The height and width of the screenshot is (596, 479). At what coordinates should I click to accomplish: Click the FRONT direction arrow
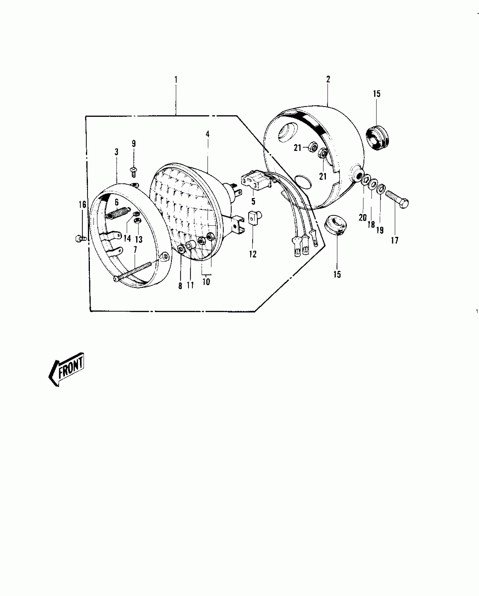point(67,370)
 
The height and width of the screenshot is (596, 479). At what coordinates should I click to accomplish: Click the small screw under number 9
point(134,171)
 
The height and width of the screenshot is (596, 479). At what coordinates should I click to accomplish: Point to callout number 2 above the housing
point(328,79)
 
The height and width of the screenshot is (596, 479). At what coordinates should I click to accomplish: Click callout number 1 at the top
point(176,79)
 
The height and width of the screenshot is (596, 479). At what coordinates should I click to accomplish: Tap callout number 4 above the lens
point(208,134)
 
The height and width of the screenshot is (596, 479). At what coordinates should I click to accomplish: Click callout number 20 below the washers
point(363,217)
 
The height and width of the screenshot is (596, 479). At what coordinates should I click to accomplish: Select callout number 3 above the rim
point(116,152)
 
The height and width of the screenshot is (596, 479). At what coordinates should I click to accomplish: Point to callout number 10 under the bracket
point(206,281)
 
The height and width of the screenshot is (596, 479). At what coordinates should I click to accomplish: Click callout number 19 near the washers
point(380,230)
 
